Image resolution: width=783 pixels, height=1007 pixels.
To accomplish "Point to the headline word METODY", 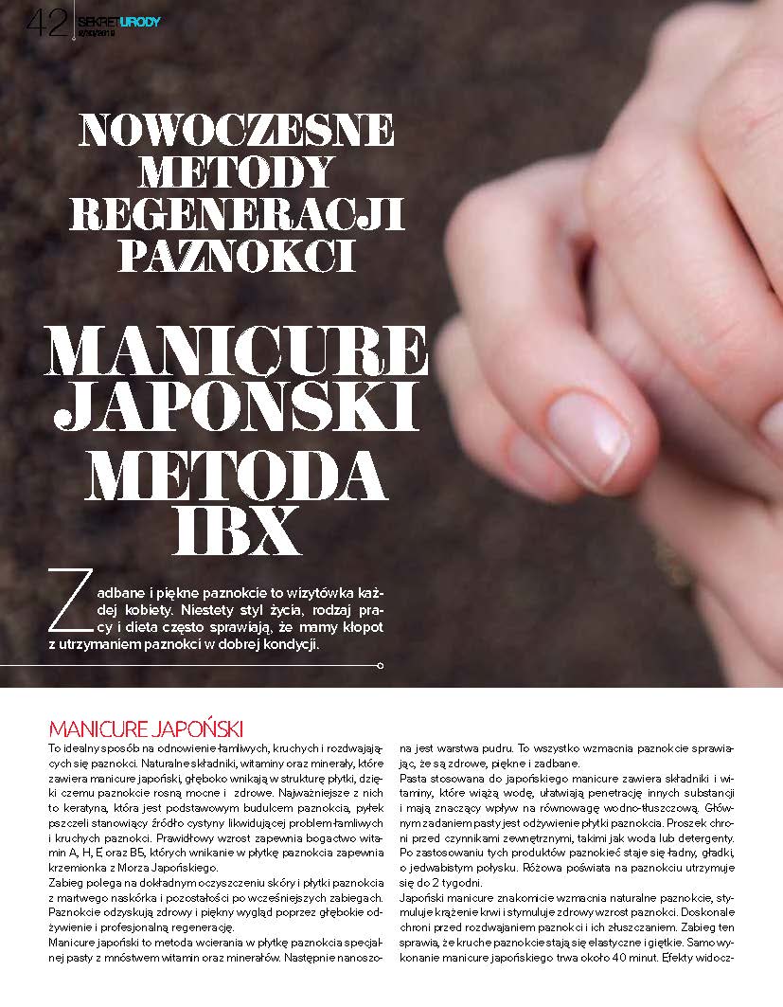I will pos(237,172).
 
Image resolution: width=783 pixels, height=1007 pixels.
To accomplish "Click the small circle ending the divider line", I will pos(381,667).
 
